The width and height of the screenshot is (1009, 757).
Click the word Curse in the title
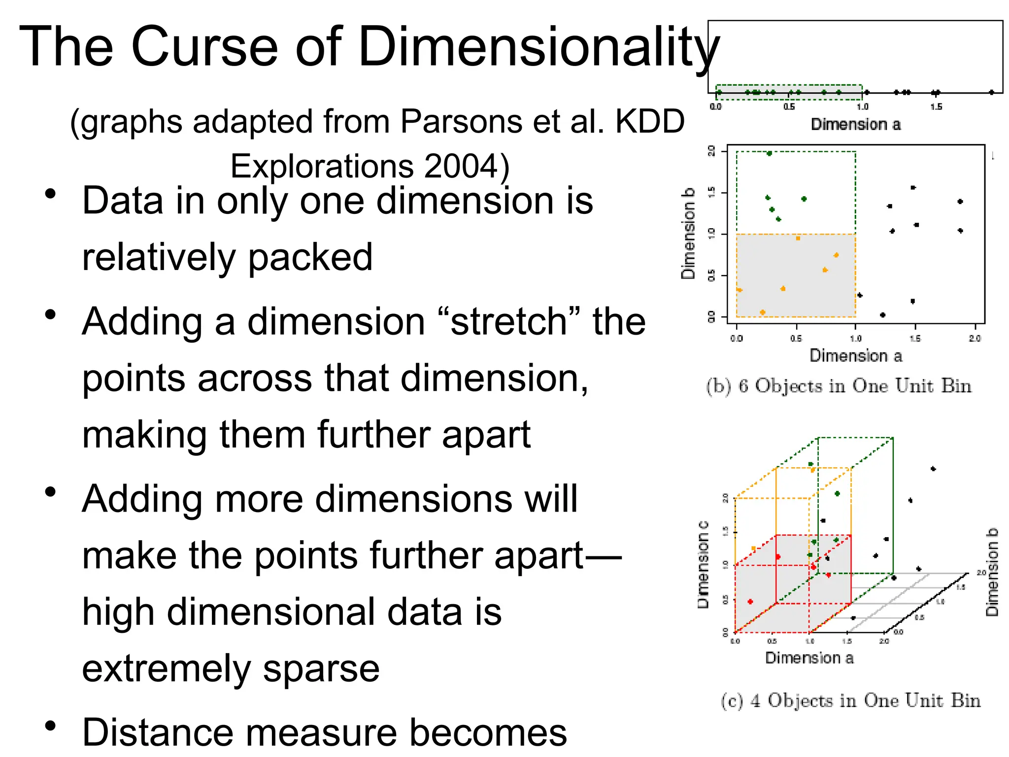tap(204, 47)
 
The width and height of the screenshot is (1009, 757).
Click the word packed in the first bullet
tap(310, 257)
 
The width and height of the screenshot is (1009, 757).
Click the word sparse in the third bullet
tap(321, 668)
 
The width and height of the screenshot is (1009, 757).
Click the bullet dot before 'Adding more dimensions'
tap(50, 492)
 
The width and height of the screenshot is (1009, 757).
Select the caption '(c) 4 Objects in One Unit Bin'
tap(850, 700)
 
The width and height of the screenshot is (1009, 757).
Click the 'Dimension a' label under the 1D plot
tap(856, 124)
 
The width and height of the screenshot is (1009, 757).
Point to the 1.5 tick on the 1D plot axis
tap(936, 106)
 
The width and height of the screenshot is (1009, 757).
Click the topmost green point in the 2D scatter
tap(770, 153)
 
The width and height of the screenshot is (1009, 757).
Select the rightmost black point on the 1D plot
tap(991, 92)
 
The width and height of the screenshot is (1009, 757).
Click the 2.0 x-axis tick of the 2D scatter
tap(975, 338)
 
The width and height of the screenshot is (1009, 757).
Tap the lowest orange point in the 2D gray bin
tap(763, 312)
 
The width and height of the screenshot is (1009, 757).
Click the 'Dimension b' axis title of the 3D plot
tap(992, 572)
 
